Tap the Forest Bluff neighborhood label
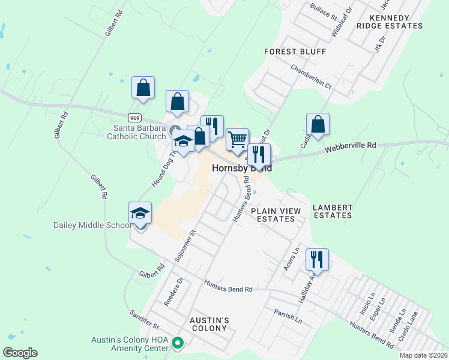pos(295,52)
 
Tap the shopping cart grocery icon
pos(237,140)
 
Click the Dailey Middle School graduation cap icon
pos(140,214)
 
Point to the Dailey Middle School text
pos(92,226)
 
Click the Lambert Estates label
pos(332,211)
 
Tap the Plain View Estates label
pos(276,215)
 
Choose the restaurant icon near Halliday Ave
pos(317,260)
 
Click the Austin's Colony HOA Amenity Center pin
pos(178,344)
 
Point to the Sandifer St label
pos(144,320)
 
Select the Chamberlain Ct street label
pos(311,77)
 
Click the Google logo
pos(20,353)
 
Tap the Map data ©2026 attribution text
pos(423,355)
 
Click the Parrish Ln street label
pos(288,316)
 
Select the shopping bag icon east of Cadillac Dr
pos(318,125)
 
